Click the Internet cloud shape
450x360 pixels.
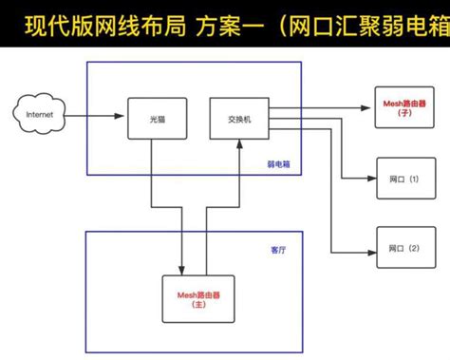click(38, 116)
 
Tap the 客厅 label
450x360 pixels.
click(278, 250)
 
